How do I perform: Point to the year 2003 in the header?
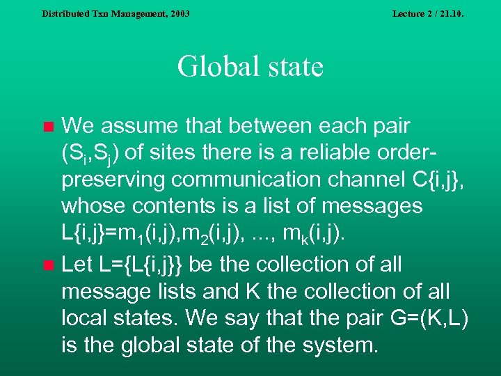point(178,13)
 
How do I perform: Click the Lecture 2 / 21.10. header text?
point(427,13)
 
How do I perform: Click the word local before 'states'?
point(87,318)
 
